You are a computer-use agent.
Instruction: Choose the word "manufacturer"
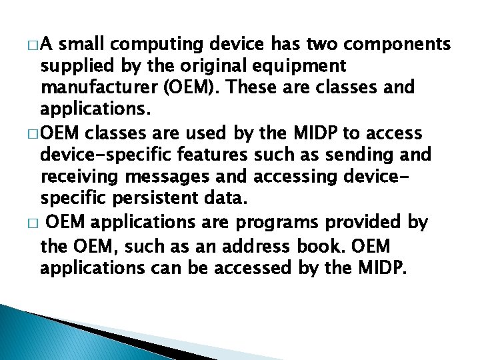pos(97,87)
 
